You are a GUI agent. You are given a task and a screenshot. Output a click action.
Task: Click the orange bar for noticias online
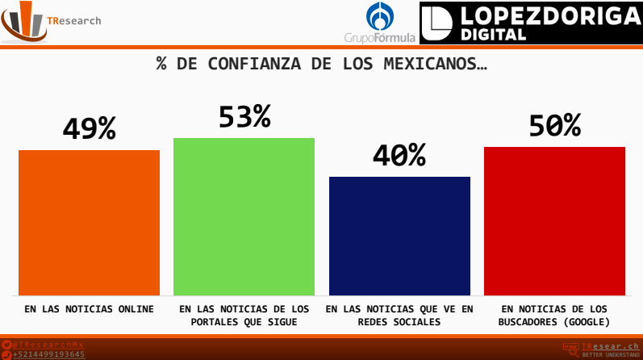(x=89, y=222)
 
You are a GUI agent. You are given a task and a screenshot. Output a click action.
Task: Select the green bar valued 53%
(x=244, y=216)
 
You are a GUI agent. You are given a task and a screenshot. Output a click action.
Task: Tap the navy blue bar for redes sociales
(x=399, y=236)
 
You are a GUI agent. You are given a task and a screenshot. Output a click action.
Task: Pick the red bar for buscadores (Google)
(x=554, y=220)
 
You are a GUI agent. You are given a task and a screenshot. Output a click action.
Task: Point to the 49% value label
(x=89, y=129)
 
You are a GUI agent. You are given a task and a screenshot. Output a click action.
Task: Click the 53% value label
(x=244, y=117)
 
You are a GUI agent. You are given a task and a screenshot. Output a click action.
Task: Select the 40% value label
(x=399, y=156)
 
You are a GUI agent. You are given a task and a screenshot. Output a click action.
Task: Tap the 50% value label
(x=554, y=126)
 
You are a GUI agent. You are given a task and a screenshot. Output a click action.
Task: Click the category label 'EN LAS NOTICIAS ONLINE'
(x=89, y=309)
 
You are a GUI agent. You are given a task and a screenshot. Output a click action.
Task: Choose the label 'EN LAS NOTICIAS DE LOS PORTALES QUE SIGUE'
(x=244, y=315)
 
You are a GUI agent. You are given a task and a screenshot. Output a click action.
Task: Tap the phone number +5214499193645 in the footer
(x=48, y=354)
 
